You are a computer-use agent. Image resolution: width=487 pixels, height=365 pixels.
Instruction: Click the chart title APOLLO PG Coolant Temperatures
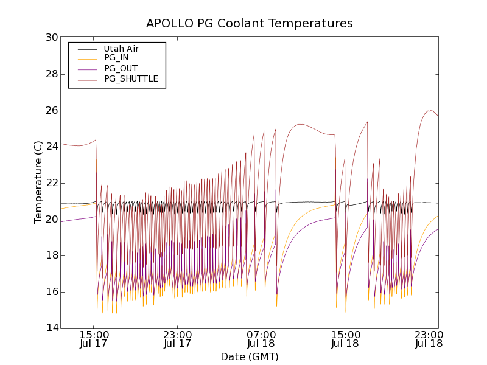pyautogui.click(x=250, y=24)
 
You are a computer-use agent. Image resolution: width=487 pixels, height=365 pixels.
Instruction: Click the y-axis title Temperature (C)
pyautogui.click(x=38, y=182)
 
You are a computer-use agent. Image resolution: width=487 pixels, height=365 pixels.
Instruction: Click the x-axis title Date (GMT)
pyautogui.click(x=250, y=356)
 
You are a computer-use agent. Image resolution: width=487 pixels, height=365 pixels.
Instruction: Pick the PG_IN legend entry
pyautogui.click(x=116, y=58)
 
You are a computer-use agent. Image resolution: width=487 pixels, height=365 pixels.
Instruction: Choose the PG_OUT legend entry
pyautogui.click(x=121, y=68)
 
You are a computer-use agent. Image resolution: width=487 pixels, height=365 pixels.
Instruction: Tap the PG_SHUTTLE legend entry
pyautogui.click(x=131, y=78)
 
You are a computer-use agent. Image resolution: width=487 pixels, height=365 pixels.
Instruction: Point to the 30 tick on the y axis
pyautogui.click(x=52, y=38)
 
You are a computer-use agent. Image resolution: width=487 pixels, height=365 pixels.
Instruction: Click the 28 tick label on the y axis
pyautogui.click(x=52, y=74)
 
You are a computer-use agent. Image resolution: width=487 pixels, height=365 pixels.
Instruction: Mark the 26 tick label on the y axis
pyautogui.click(x=52, y=111)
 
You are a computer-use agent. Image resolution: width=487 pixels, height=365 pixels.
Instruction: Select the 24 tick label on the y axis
pyautogui.click(x=52, y=147)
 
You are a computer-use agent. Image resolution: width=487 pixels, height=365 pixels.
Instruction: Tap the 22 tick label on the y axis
pyautogui.click(x=52, y=183)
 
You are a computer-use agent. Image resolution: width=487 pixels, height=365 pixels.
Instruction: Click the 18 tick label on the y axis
pyautogui.click(x=52, y=255)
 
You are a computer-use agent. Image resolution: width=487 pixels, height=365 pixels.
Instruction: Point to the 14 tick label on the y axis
pyautogui.click(x=52, y=328)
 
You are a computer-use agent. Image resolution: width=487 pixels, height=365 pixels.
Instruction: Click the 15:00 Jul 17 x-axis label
pyautogui.click(x=94, y=339)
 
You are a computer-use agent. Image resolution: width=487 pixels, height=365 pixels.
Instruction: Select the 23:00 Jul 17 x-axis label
pyautogui.click(x=178, y=339)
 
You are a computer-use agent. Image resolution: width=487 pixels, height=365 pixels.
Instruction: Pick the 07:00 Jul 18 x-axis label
pyautogui.click(x=261, y=339)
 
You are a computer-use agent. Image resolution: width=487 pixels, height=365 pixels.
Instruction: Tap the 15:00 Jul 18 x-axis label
pyautogui.click(x=345, y=339)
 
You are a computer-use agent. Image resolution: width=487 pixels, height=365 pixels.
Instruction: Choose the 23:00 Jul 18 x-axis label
pyautogui.click(x=429, y=339)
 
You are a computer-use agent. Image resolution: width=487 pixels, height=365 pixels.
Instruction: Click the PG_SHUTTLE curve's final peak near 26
pyautogui.click(x=431, y=110)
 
